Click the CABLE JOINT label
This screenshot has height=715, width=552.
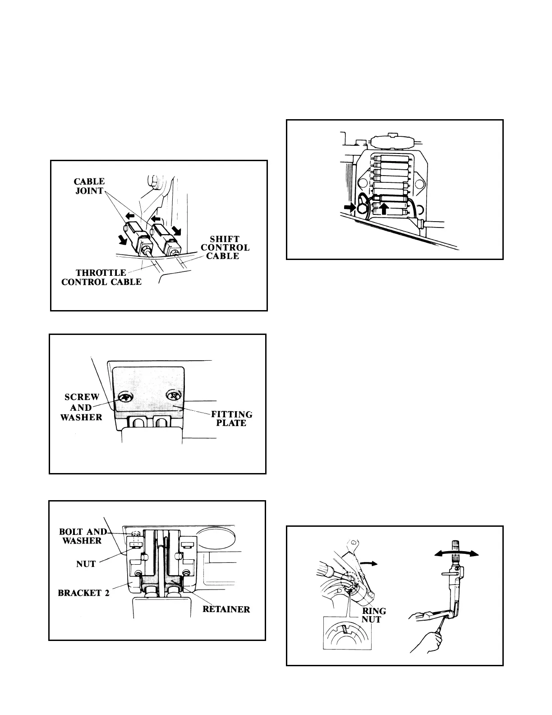click(89, 186)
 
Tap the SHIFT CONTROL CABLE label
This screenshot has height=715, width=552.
click(225, 247)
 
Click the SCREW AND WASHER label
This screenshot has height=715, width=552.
click(82, 407)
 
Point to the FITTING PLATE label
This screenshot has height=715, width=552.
click(231, 418)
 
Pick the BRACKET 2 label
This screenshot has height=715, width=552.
click(84, 593)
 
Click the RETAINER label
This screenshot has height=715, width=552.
click(226, 609)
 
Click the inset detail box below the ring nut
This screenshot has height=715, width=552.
click(347, 634)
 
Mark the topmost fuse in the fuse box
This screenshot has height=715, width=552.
click(392, 159)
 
